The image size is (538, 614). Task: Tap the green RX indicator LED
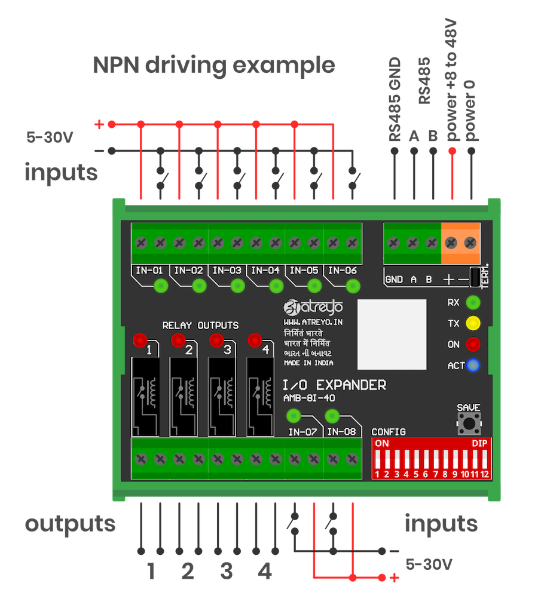(473, 302)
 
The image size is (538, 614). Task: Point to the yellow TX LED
(473, 324)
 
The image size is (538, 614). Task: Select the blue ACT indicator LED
(473, 365)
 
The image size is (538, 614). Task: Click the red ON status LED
(473, 345)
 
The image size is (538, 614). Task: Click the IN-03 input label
(227, 270)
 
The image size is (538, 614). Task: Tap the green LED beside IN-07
(294, 416)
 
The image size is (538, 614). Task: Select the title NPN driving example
(213, 65)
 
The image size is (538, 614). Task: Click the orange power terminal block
(461, 243)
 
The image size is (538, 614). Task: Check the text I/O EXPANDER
(334, 385)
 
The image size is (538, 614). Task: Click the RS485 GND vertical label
(395, 100)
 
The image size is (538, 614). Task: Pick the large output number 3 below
(226, 572)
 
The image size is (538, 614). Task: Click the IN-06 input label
(342, 270)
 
